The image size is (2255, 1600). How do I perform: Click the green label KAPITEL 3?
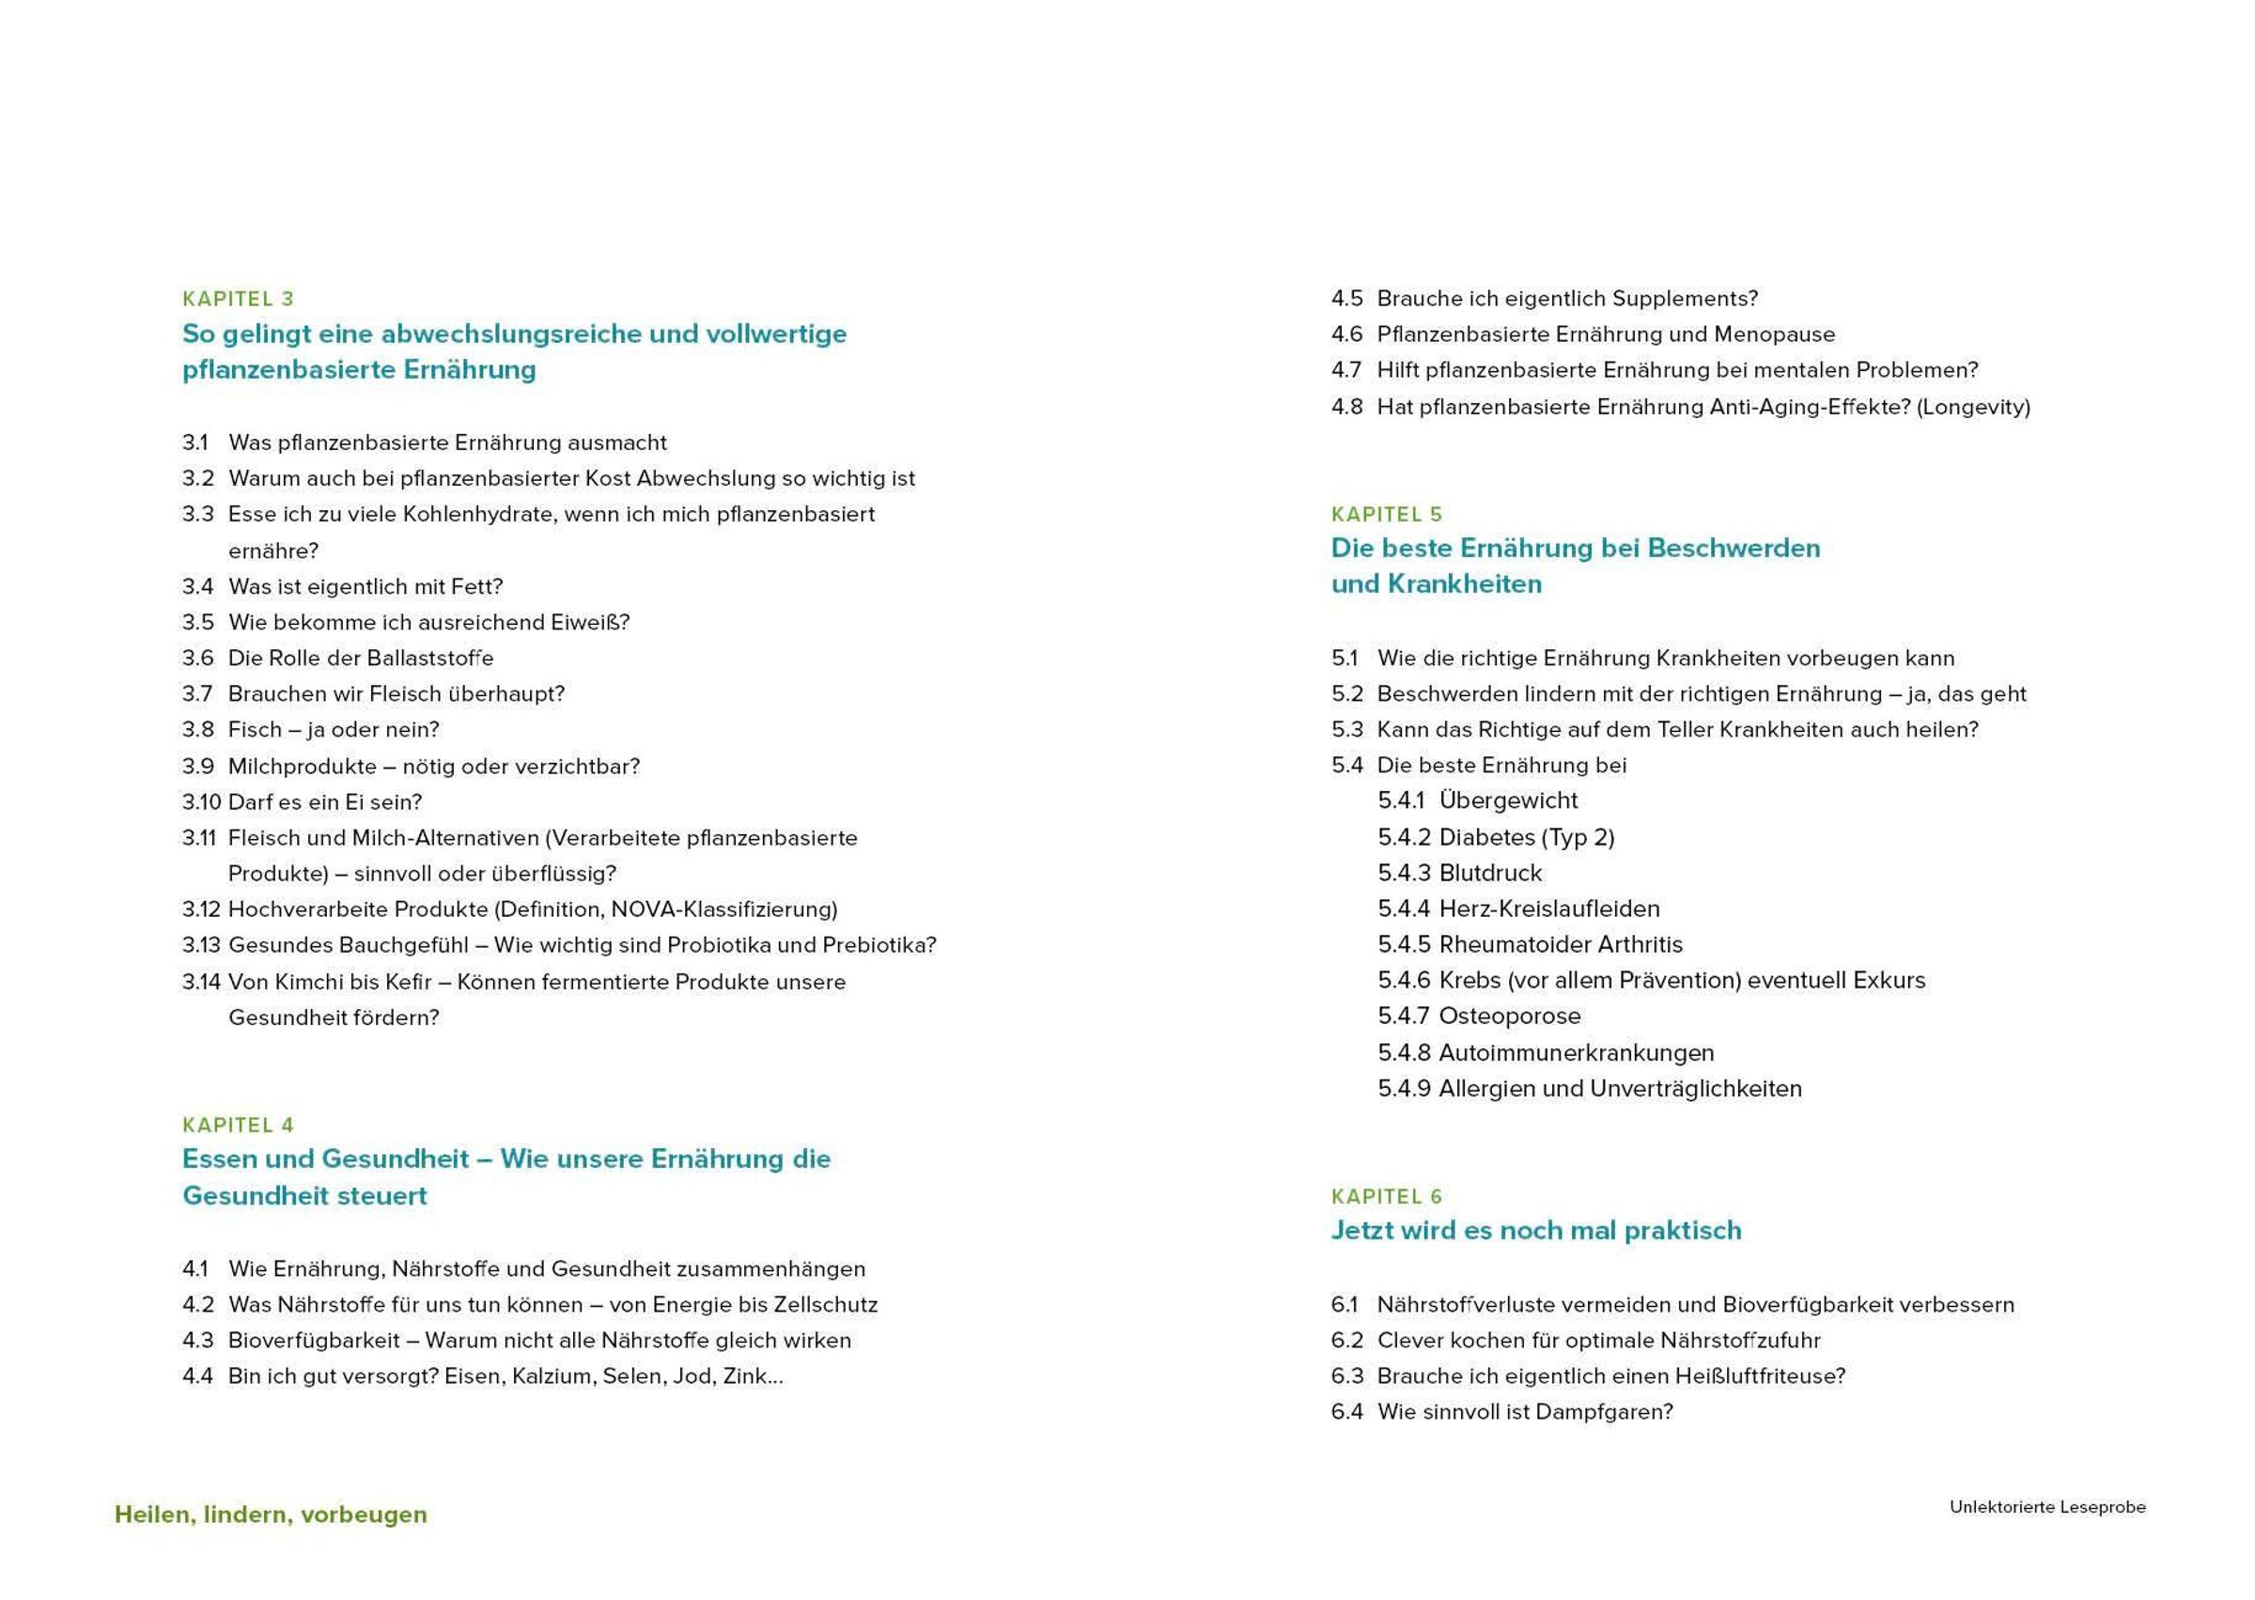[238, 299]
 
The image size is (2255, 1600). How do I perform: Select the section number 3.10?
[201, 802]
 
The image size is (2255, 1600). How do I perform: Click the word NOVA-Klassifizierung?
[723, 909]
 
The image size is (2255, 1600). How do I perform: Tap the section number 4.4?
[197, 1376]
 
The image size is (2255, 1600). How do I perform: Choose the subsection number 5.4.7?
[1403, 1016]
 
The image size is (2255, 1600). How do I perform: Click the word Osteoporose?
[1509, 1016]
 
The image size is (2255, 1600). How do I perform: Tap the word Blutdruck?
[1489, 873]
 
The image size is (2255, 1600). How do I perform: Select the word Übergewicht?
[1507, 801]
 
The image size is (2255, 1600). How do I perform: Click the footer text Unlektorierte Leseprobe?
[2047, 1507]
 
